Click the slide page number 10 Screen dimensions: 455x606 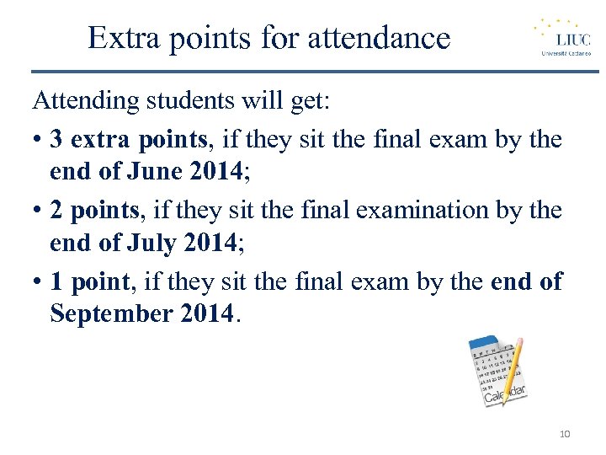pos(564,434)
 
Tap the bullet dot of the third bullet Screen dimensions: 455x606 pos(38,282)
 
